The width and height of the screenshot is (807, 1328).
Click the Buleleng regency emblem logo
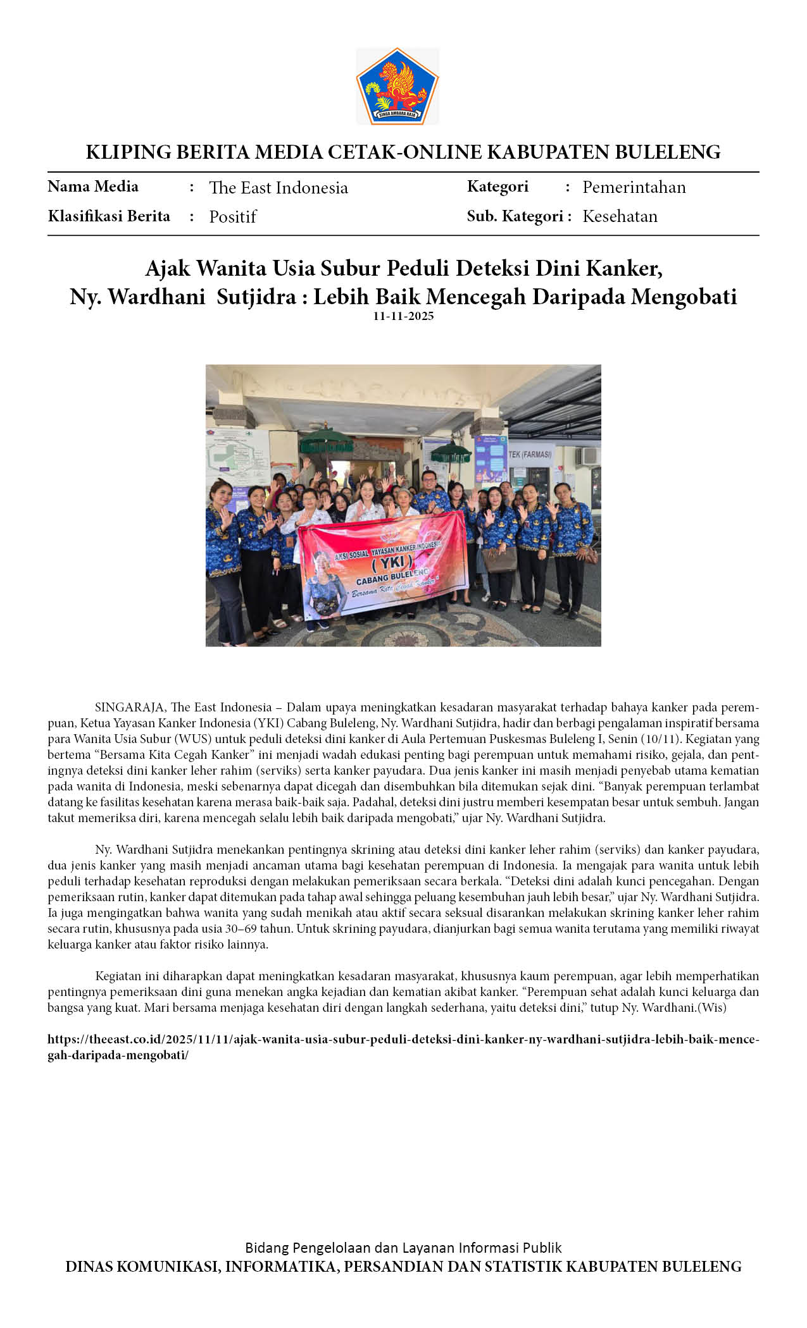point(397,86)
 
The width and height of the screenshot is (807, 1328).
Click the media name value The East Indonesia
point(278,188)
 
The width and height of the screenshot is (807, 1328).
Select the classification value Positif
point(233,217)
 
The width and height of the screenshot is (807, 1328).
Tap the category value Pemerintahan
point(634,187)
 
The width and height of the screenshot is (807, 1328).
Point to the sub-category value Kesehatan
point(620,216)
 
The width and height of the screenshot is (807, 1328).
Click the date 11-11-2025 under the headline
point(403,316)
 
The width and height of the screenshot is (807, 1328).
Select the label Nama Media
point(93,187)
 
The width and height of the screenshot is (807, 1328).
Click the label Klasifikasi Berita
point(109,216)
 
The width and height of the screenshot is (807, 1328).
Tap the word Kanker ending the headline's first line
point(624,269)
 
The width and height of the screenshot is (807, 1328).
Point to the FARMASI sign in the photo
point(531,454)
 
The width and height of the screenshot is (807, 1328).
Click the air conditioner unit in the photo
point(587,456)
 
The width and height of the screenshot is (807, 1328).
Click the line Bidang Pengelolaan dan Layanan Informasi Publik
point(403,1248)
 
